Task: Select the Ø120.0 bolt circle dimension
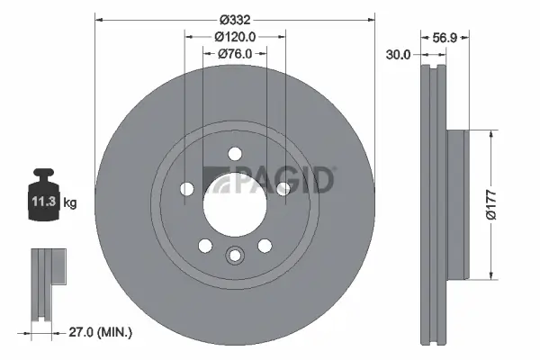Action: tap(236, 37)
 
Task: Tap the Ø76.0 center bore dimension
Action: tap(236, 54)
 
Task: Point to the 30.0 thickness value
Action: tap(398, 54)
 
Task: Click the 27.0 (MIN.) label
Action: tap(100, 332)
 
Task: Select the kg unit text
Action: tap(70, 202)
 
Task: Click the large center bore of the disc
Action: tap(234, 205)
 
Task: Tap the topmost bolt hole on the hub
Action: tap(234, 154)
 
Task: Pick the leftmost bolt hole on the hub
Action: tap(187, 188)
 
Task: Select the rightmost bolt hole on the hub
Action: tap(282, 188)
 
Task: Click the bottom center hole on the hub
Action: tap(234, 256)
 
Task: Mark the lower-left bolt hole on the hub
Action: tap(204, 244)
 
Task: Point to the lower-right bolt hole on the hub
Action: tap(265, 244)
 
